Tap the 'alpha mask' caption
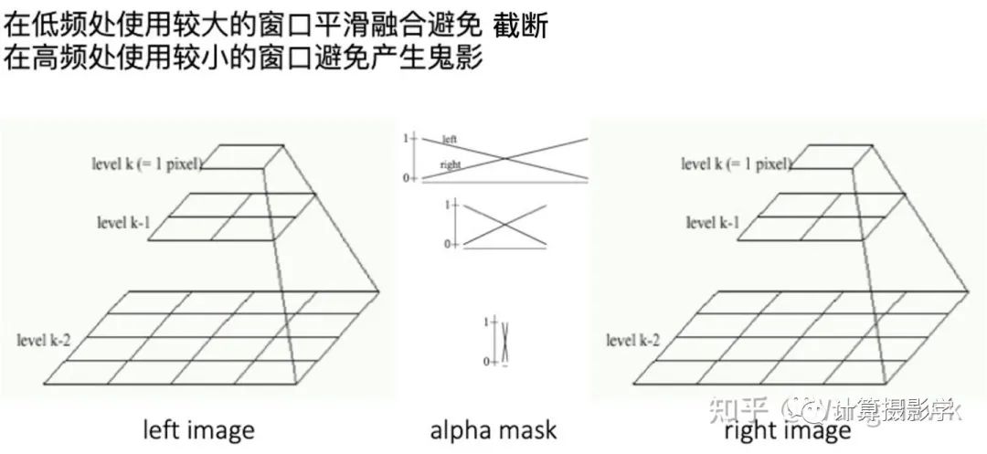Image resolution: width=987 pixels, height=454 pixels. (x=493, y=430)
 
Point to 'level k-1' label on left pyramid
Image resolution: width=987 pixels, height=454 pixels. (x=124, y=221)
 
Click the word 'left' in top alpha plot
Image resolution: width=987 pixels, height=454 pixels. (x=449, y=140)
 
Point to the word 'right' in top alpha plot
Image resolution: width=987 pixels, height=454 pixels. (x=450, y=164)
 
